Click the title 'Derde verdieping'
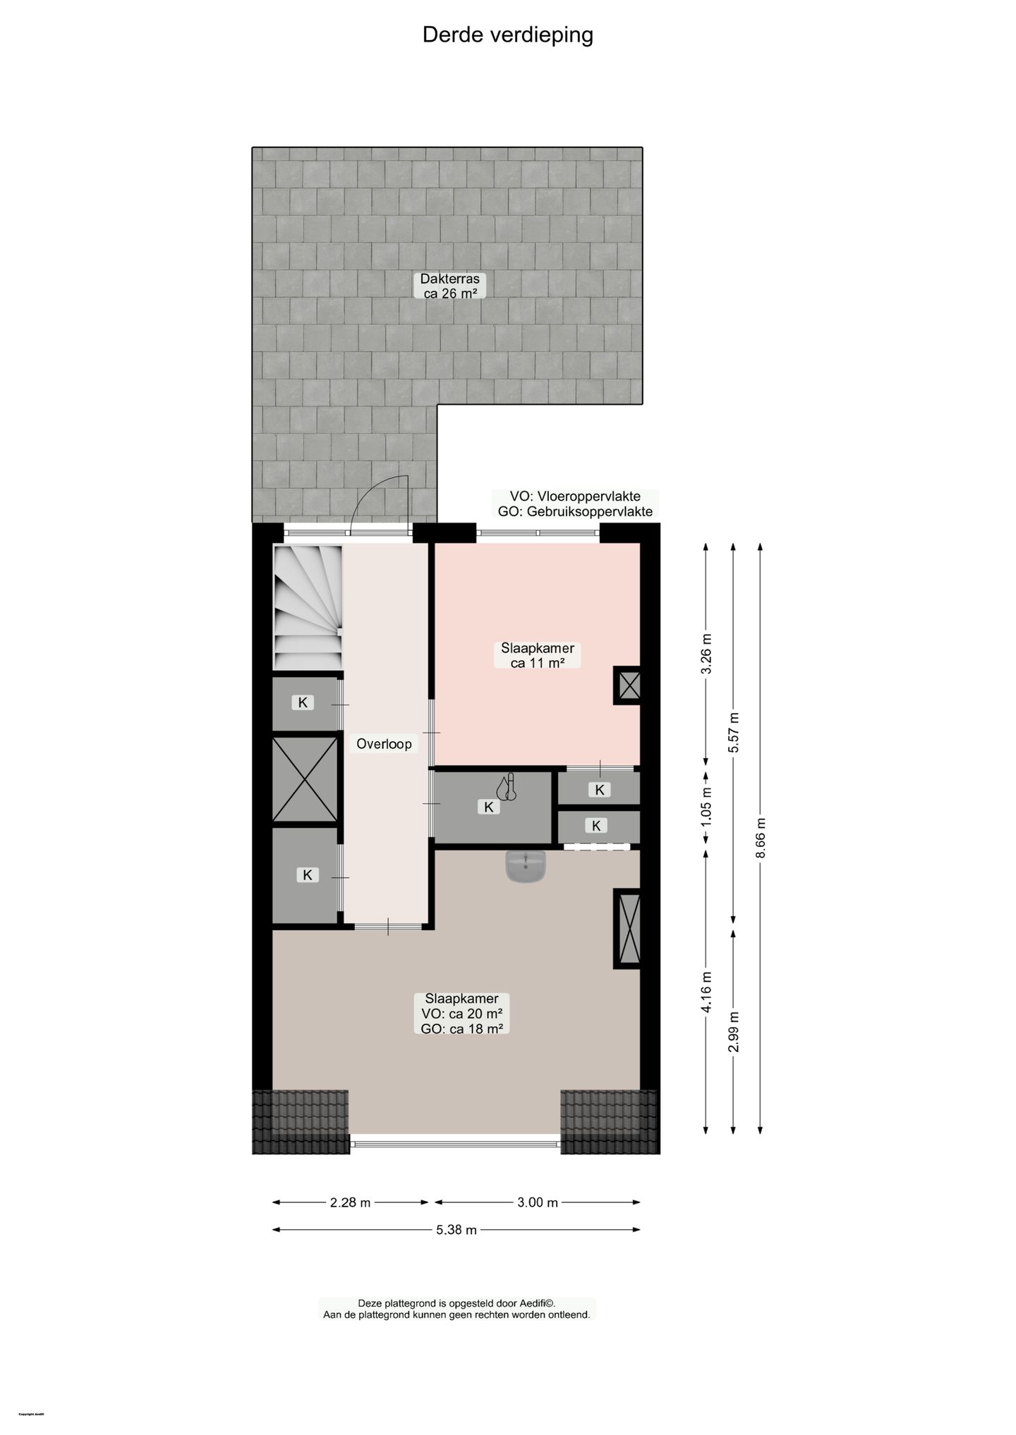tap(507, 35)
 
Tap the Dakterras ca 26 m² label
tap(449, 286)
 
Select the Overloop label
tap(384, 743)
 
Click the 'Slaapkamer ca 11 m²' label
tap(537, 655)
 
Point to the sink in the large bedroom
tap(526, 866)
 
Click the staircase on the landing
tap(308, 607)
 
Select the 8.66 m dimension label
tap(760, 838)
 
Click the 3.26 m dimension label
tap(706, 654)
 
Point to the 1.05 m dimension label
tap(706, 806)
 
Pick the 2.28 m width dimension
tap(350, 1202)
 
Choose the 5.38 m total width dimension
tap(456, 1230)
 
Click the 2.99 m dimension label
tap(734, 1032)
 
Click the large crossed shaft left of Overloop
tap(305, 779)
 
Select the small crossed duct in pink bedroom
tap(628, 685)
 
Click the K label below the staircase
tap(303, 702)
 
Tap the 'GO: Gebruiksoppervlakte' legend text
tap(575, 511)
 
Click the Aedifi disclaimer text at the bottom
tap(456, 1309)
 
